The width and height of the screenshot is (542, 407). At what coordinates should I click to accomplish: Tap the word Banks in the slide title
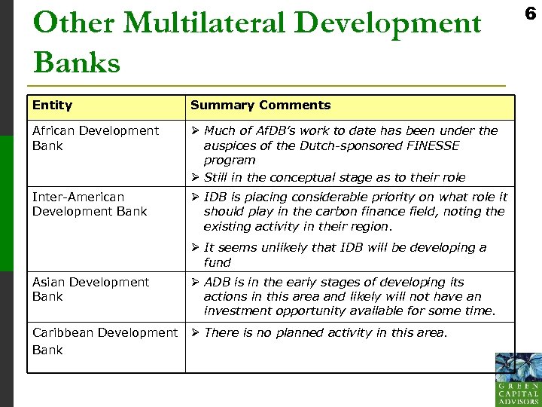(77, 62)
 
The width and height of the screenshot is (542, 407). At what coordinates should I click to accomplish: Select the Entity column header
(53, 106)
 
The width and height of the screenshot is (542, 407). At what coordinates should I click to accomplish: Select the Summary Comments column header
(260, 106)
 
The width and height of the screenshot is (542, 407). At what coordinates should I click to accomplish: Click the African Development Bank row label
(96, 138)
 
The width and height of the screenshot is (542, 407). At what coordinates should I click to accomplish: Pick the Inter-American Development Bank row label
(90, 204)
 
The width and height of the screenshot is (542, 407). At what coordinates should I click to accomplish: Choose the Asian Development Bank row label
(90, 289)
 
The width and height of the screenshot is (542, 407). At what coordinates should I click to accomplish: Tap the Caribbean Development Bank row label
(105, 341)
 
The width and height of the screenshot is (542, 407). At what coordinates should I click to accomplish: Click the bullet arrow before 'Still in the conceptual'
(195, 178)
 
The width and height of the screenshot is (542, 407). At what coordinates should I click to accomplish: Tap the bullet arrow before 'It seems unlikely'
(195, 248)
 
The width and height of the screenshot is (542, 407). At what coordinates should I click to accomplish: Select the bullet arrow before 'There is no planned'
(195, 332)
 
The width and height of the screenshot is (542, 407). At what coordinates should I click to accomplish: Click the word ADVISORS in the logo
(518, 402)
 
